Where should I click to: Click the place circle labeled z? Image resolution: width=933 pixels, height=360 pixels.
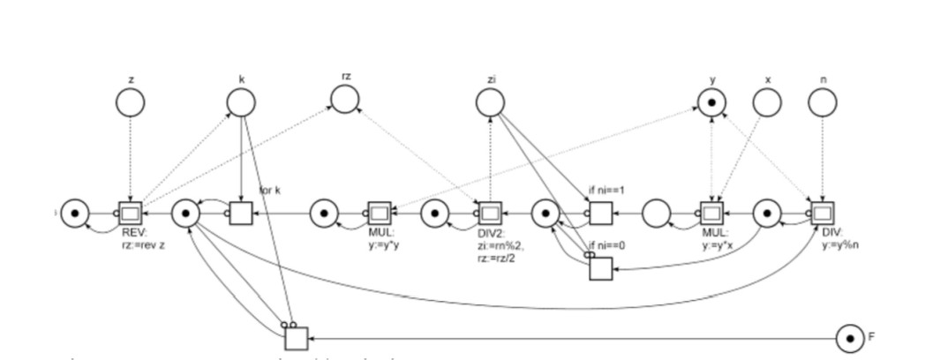click(130, 103)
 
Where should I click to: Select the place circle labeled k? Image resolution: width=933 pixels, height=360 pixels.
click(241, 103)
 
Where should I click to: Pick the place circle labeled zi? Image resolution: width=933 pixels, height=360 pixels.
click(490, 103)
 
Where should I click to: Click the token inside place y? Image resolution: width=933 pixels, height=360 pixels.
click(711, 103)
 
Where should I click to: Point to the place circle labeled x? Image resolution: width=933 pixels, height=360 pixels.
click(767, 103)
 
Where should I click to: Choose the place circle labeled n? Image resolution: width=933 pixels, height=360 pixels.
click(823, 103)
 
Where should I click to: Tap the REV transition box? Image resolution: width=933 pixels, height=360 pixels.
click(130, 214)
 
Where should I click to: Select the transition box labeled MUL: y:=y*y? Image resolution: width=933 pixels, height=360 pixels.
click(380, 214)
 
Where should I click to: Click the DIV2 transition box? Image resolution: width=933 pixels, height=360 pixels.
click(490, 214)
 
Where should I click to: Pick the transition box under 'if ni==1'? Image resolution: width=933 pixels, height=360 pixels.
click(601, 214)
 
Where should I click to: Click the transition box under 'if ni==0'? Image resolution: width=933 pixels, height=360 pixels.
click(601, 267)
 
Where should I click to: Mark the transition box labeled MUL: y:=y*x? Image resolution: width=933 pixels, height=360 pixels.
click(711, 214)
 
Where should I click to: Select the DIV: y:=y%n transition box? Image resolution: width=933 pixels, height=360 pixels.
click(823, 214)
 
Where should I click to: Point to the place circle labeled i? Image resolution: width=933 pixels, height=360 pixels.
click(75, 214)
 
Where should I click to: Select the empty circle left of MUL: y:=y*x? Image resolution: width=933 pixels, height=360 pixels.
click(657, 214)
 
